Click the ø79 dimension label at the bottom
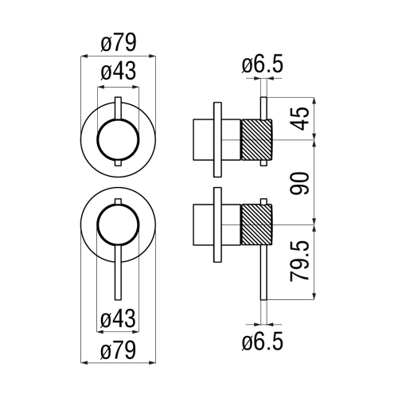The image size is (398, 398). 119,347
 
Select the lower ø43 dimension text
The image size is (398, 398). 119,319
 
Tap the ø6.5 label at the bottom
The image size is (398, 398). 263,342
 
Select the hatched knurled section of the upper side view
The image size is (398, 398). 256,140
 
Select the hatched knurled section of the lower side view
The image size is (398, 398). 256,227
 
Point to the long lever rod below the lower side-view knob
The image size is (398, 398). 262,275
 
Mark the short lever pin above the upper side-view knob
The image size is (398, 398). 262,108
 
